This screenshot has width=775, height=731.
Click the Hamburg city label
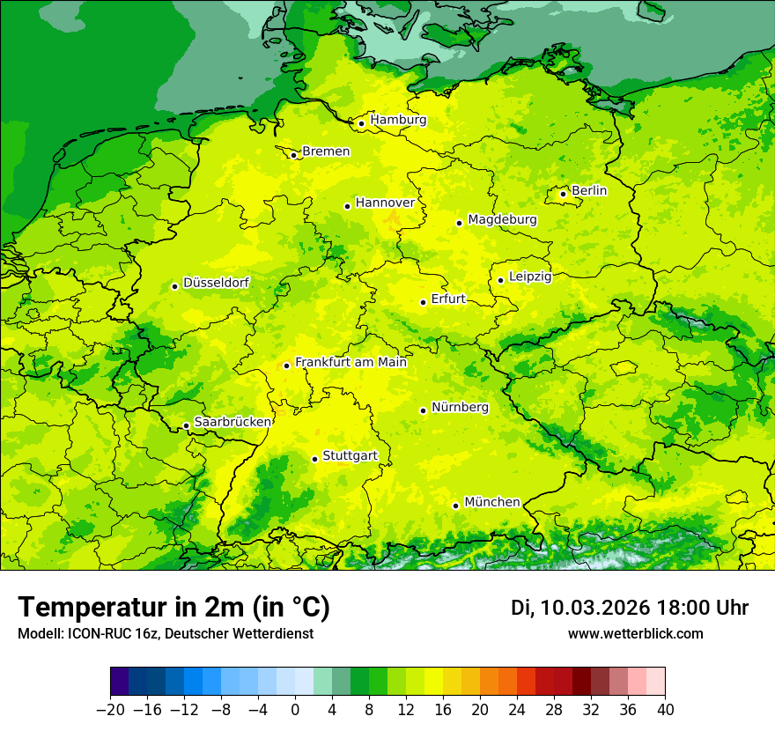pos(398,120)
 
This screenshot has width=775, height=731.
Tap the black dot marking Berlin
pos(564,194)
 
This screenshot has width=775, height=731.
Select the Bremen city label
pos(326,151)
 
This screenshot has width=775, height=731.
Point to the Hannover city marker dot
pos(347,206)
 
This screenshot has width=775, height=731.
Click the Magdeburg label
pos(502,219)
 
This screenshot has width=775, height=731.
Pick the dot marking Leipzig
pos(500,280)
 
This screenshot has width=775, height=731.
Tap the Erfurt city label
pos(448,299)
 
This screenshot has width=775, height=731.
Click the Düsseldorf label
pos(216,283)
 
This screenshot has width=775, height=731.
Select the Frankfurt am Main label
pos(351,362)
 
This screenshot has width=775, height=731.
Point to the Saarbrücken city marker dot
pos(186,426)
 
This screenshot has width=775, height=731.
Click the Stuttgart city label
pos(350,455)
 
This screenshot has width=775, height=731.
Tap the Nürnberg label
pos(460,407)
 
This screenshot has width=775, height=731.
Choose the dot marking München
pos(455,506)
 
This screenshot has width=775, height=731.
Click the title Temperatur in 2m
pos(173,607)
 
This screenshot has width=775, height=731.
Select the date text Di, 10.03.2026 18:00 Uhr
pos(629,608)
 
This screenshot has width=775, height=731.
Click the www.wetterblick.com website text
pos(635,633)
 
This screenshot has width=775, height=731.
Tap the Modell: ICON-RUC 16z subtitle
pos(165,633)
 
